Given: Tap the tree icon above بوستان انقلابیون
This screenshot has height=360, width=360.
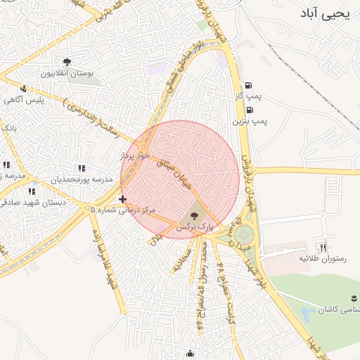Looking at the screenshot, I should pos(67,63).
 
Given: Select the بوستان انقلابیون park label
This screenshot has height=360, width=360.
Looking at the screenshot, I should pos(67,73).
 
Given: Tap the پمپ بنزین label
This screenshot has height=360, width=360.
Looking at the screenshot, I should pos(250,121).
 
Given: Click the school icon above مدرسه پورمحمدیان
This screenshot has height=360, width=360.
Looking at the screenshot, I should pos(82,169).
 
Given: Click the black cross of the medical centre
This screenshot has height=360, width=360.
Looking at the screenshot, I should pos(123,200).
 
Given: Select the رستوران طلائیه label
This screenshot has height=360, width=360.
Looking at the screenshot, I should pos(323,258).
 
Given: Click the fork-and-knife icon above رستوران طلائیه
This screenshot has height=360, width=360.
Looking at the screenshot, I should pos(323,247).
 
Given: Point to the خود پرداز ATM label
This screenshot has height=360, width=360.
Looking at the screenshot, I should pos(135,155).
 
